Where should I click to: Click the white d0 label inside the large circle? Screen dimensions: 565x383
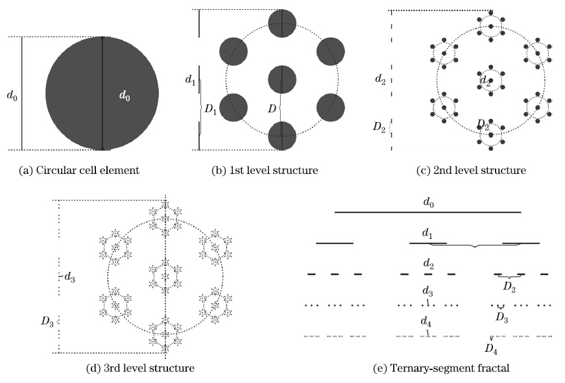(125, 96)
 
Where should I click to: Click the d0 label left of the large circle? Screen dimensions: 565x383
(12, 96)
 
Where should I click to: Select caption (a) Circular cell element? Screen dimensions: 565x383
(79, 170)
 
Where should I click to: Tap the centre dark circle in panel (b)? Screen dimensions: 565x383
(283, 80)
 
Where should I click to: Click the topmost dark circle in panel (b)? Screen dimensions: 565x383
(283, 23)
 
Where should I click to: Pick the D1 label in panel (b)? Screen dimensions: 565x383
(210, 109)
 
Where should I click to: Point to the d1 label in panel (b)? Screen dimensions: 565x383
(190, 79)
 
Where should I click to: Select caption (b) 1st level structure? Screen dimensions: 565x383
(265, 170)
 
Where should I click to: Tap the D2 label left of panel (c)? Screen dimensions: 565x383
(379, 127)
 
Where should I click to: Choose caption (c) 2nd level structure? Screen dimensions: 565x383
(472, 170)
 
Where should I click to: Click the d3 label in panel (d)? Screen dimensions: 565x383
(69, 277)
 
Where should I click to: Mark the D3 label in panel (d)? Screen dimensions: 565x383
(47, 321)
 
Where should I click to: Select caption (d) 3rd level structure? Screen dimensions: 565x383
(141, 368)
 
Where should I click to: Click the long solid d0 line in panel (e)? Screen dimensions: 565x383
(428, 212)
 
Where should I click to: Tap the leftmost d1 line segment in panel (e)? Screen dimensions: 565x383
(335, 243)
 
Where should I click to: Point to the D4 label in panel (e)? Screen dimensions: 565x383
(491, 349)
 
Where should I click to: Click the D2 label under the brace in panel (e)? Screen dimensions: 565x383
(509, 287)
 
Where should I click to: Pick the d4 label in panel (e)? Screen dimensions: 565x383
(426, 321)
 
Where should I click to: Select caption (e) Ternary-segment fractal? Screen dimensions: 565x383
(441, 368)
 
